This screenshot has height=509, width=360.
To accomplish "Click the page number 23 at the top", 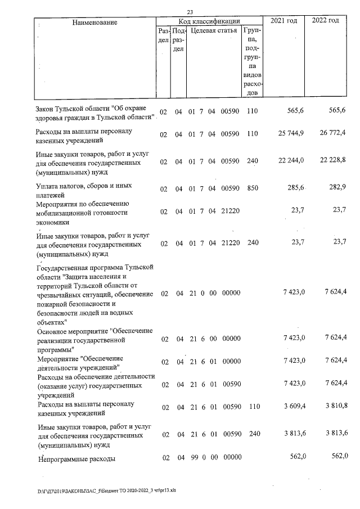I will (x=190, y=12).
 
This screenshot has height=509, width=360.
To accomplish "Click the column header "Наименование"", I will (x=94, y=22).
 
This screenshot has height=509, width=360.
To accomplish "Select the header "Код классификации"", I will (x=210, y=21).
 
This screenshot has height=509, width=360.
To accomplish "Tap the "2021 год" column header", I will (x=283, y=21).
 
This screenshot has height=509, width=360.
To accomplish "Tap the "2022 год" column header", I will (x=325, y=21).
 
